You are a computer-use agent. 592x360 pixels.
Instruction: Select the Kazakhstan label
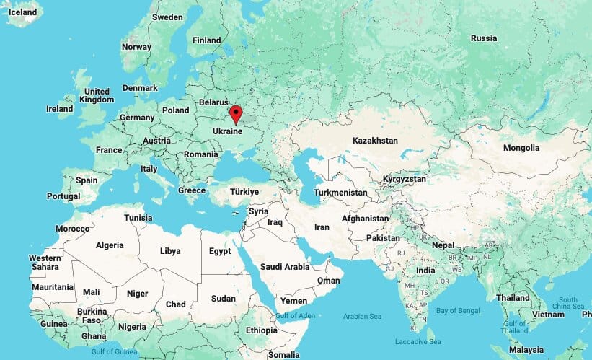374,140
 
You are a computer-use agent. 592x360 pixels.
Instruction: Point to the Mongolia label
521,148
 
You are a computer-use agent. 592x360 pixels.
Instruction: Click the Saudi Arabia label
285,267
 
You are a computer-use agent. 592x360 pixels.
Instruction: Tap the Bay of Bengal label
458,310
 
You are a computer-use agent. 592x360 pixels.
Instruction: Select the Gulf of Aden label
295,316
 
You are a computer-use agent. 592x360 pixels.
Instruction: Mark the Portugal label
63,196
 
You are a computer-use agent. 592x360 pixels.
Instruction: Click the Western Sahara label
45,263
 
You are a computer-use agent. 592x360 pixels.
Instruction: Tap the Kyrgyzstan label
405,178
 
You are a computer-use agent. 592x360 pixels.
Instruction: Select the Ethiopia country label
261,330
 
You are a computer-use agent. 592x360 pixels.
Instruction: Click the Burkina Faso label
92,316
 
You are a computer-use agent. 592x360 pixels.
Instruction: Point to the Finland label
207,40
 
